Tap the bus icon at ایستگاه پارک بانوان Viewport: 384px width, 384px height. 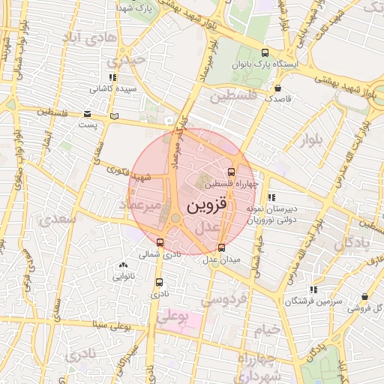265,52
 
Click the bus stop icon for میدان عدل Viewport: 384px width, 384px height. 221,247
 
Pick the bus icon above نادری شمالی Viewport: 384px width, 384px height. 160,241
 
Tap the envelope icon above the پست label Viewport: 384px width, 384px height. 88,114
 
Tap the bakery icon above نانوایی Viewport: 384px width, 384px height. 122,265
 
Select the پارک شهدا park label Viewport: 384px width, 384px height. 136,7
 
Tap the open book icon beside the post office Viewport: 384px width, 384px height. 114,115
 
